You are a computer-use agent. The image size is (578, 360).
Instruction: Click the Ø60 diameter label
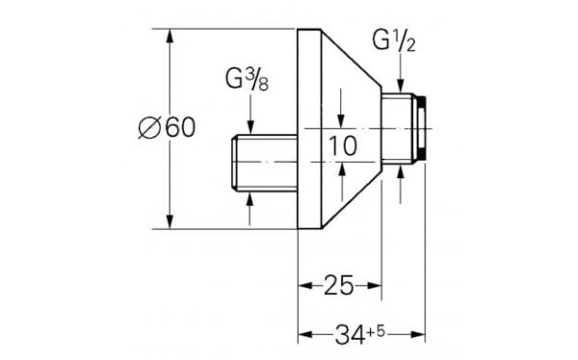click(x=167, y=128)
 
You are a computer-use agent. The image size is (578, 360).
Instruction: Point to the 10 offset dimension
click(x=342, y=145)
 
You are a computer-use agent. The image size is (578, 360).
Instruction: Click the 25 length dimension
click(x=338, y=285)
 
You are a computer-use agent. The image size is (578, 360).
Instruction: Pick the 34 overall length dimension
click(x=350, y=335)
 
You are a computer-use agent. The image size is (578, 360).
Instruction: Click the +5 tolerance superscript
click(x=376, y=332)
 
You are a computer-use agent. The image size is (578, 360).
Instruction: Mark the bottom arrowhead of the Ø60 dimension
click(x=170, y=221)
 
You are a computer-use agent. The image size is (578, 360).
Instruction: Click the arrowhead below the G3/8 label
click(x=250, y=127)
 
